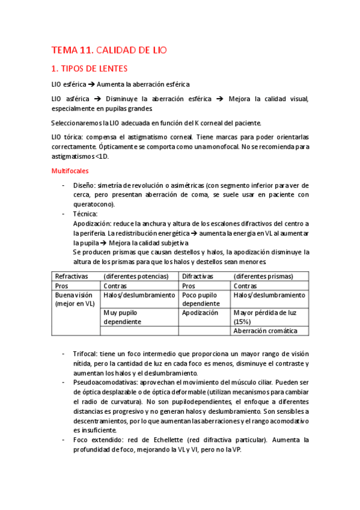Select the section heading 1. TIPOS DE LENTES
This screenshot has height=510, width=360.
tap(89, 69)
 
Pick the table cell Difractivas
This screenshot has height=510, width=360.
tap(198, 276)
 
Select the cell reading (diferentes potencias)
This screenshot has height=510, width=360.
tap(136, 276)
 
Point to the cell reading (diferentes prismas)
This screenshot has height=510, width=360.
tap(263, 276)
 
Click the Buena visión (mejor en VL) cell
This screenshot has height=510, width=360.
tap(75, 300)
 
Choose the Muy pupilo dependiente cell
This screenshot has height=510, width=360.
tap(123, 317)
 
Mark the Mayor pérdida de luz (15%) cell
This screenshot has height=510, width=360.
tap(263, 317)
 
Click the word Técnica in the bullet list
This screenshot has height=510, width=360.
tap(85, 214)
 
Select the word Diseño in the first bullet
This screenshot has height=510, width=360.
tap(84, 185)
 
